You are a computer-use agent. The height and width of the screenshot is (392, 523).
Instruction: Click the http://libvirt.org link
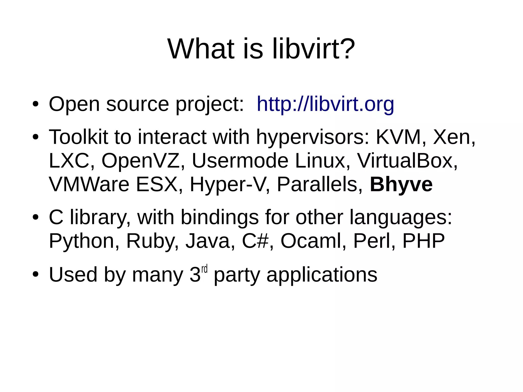tap(325, 104)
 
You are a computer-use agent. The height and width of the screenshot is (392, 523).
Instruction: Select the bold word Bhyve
tap(401, 185)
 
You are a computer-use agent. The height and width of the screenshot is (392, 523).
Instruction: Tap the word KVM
tap(398, 137)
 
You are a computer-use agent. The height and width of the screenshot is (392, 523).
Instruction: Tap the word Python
tap(81, 241)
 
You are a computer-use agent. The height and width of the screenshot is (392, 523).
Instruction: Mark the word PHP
tap(423, 241)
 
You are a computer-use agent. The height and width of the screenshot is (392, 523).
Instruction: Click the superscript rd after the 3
tap(204, 269)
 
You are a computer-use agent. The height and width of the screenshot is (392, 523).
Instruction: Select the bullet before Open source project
tap(35, 105)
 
